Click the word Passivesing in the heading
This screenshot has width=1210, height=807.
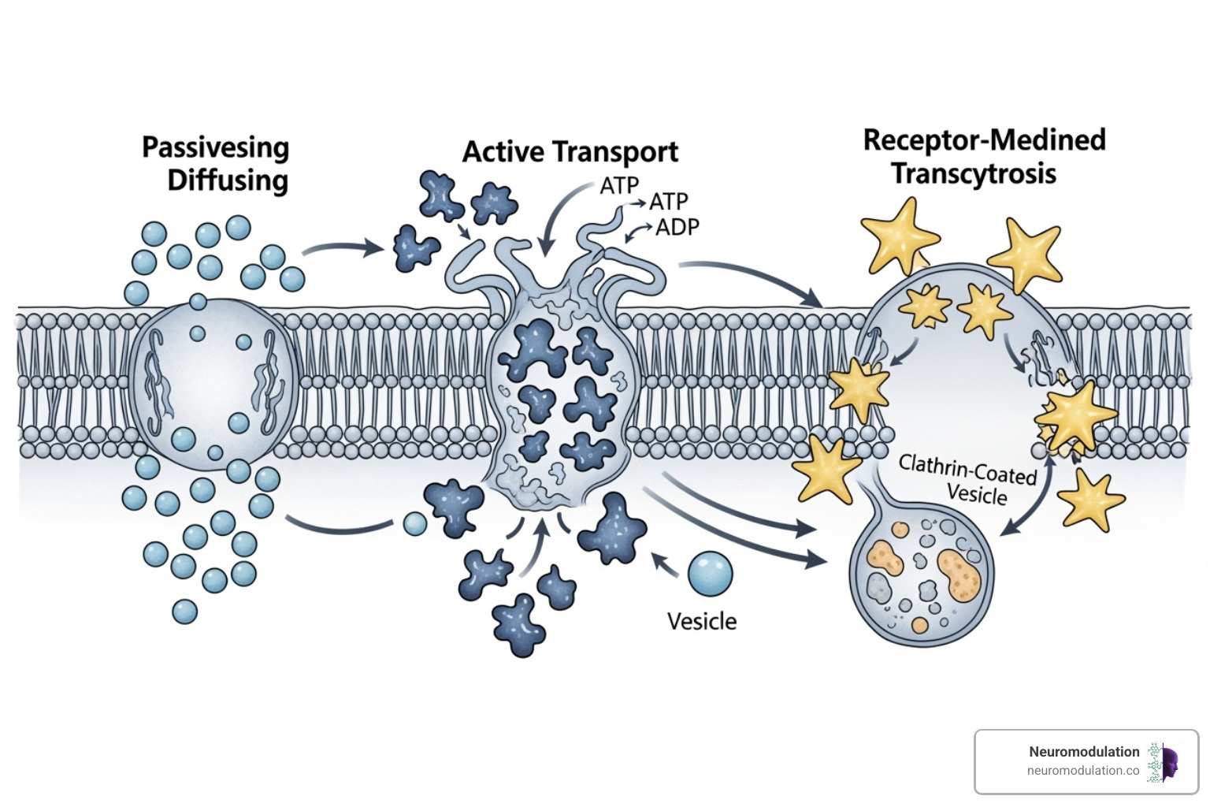click(215, 148)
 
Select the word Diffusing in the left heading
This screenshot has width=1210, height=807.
click(228, 180)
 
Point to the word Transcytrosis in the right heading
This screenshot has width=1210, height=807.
click(974, 173)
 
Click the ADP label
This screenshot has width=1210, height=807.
click(677, 228)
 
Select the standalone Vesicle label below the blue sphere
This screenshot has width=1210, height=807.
click(701, 622)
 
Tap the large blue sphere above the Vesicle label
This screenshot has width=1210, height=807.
click(710, 574)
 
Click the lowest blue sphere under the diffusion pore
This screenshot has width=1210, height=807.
click(184, 612)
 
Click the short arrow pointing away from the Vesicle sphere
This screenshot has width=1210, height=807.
click(664, 564)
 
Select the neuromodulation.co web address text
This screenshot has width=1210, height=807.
click(1082, 771)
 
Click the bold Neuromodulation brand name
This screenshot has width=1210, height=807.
click(1083, 752)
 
